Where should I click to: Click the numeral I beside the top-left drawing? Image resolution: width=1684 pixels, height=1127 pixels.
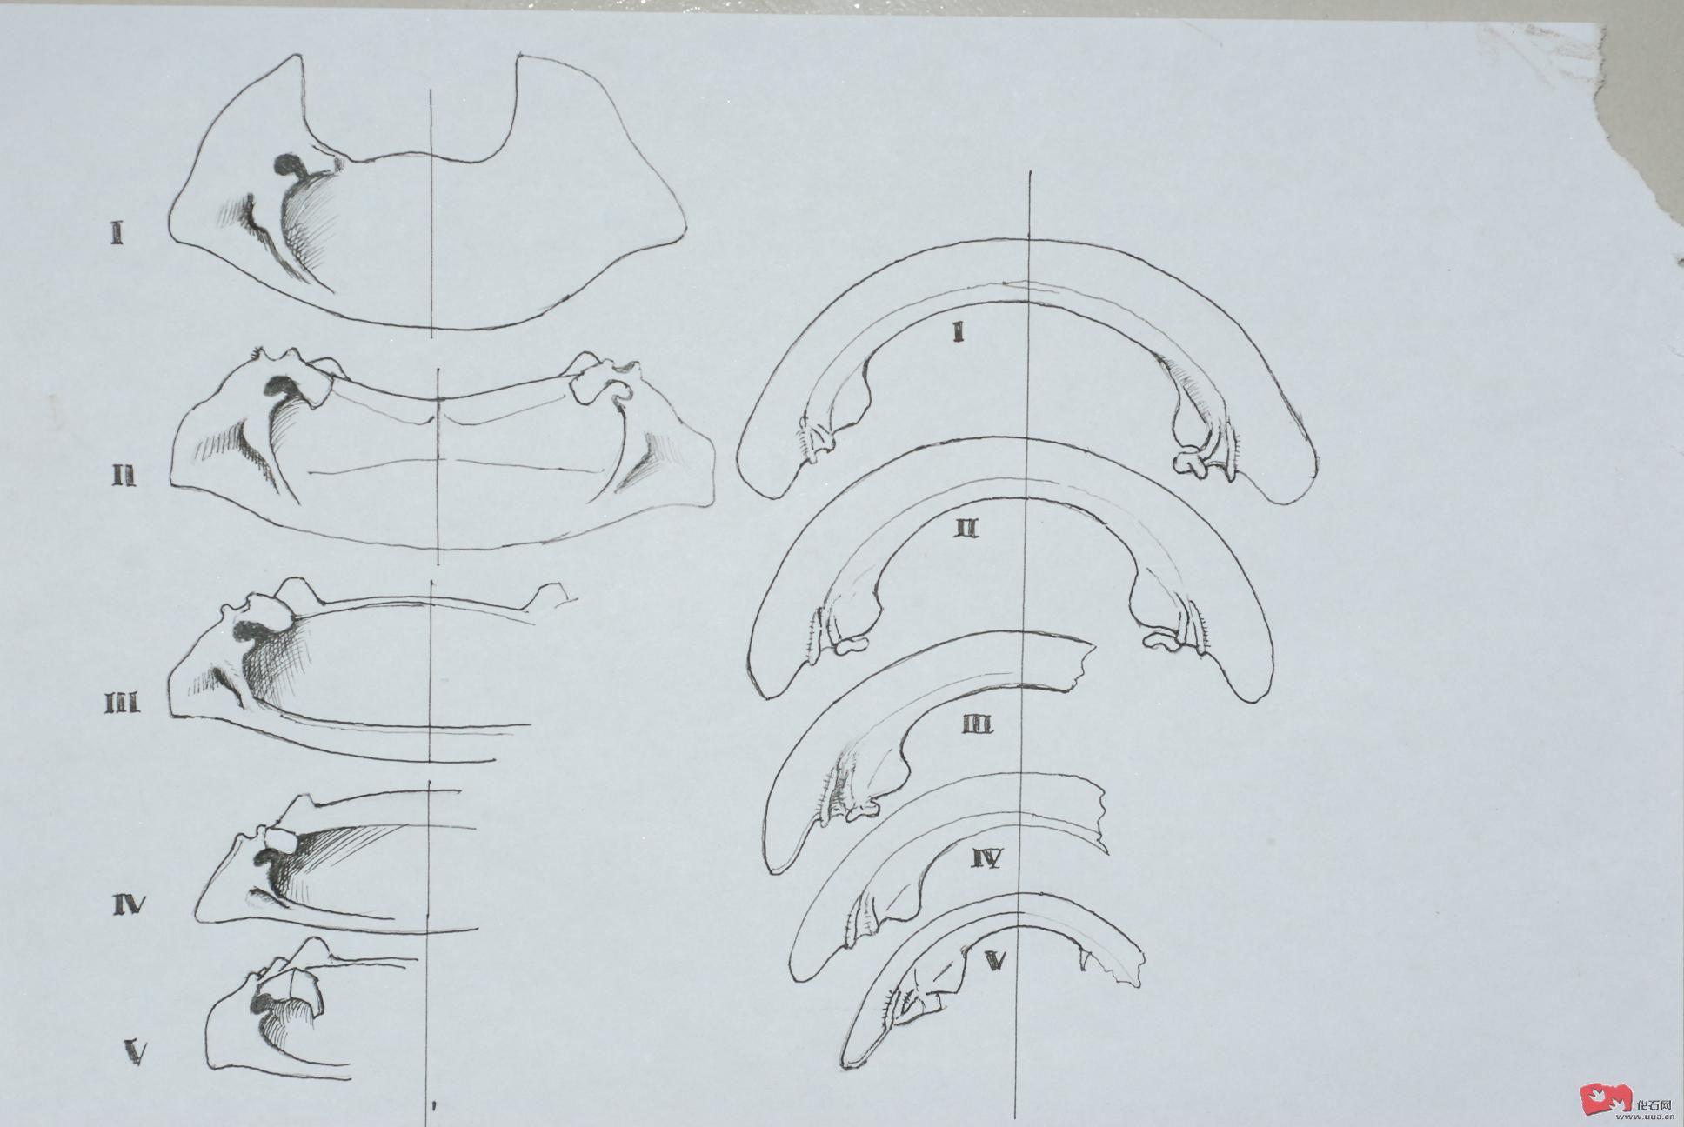[x=116, y=233]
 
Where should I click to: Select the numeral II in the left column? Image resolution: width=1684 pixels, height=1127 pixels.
[x=122, y=476]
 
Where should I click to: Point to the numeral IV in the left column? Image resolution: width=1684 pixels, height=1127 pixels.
[x=128, y=905]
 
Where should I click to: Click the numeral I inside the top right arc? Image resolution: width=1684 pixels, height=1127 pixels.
[x=958, y=332]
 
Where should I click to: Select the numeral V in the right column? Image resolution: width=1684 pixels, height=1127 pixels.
[x=997, y=959]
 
